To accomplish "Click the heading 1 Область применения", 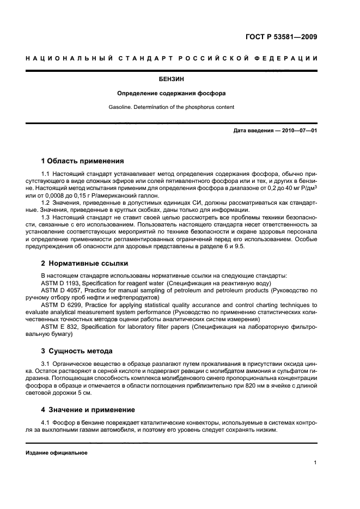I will point(83,161).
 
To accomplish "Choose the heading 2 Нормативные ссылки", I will point(85,263).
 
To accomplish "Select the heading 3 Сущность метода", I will point(77,351).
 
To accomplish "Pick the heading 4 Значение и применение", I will point(88,409).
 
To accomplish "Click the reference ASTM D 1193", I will point(60,283).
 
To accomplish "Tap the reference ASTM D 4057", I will point(60,291).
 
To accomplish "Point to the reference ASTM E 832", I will point(59,327).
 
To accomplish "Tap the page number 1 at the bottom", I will point(315,463).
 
